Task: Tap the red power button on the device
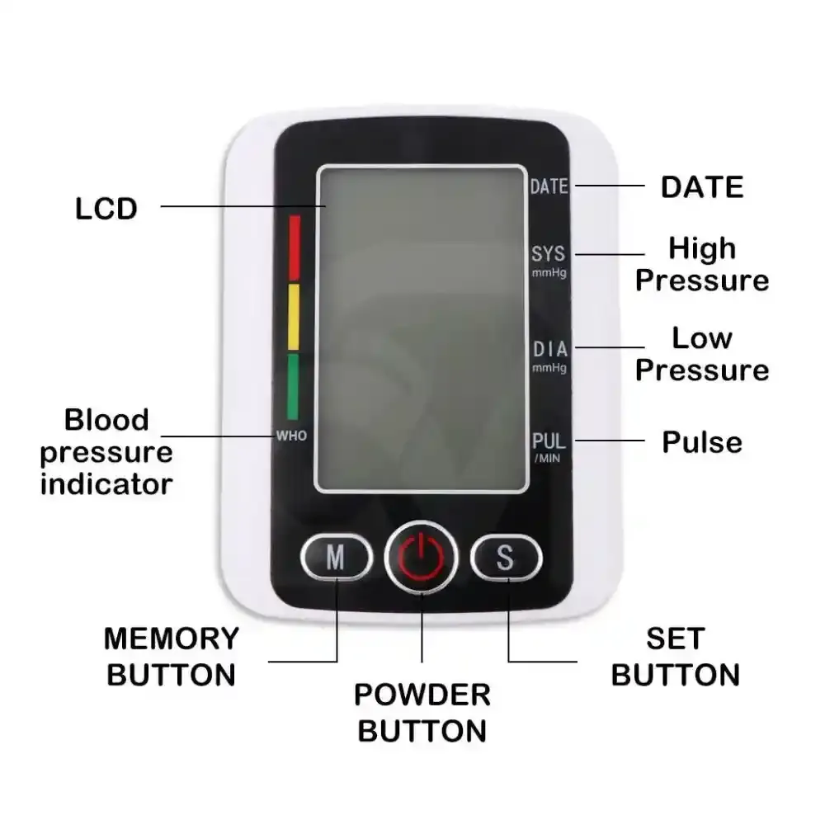(x=421, y=557)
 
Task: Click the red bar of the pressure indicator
(x=295, y=247)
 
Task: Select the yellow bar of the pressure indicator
(x=294, y=318)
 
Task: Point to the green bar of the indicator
(x=293, y=387)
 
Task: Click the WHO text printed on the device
(x=291, y=436)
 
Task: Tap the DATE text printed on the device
(x=549, y=186)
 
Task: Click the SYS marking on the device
(x=549, y=253)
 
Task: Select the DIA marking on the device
(x=549, y=349)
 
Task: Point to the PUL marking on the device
(x=549, y=441)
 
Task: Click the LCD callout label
(x=106, y=209)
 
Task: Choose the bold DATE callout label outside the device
(x=702, y=186)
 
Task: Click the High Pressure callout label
(x=702, y=264)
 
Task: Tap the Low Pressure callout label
(x=702, y=354)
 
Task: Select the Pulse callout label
(x=702, y=442)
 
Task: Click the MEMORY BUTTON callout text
(x=172, y=657)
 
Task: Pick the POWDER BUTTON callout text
(x=422, y=713)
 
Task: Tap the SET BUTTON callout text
(x=676, y=657)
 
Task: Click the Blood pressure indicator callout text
(x=106, y=452)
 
